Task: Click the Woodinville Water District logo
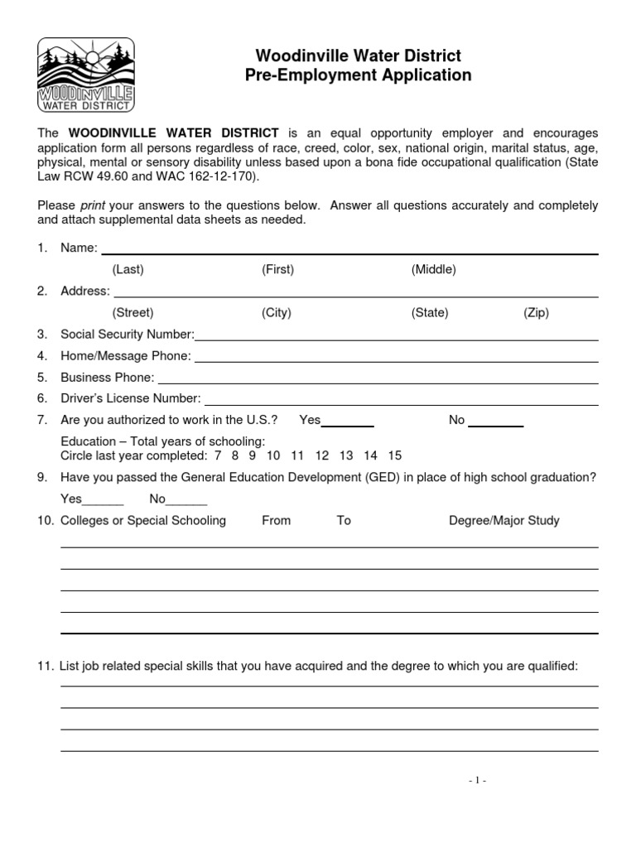(x=86, y=75)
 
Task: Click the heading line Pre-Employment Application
(x=358, y=75)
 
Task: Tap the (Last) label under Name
(x=128, y=269)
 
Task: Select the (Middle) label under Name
(x=433, y=269)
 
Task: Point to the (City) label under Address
(x=277, y=312)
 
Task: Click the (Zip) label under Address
(x=536, y=312)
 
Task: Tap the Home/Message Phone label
(x=126, y=356)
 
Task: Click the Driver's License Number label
(x=131, y=399)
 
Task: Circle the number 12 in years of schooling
(x=322, y=455)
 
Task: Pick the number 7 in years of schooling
(x=218, y=455)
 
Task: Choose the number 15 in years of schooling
(x=394, y=455)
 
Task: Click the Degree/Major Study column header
(x=503, y=521)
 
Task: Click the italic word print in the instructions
(x=92, y=205)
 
